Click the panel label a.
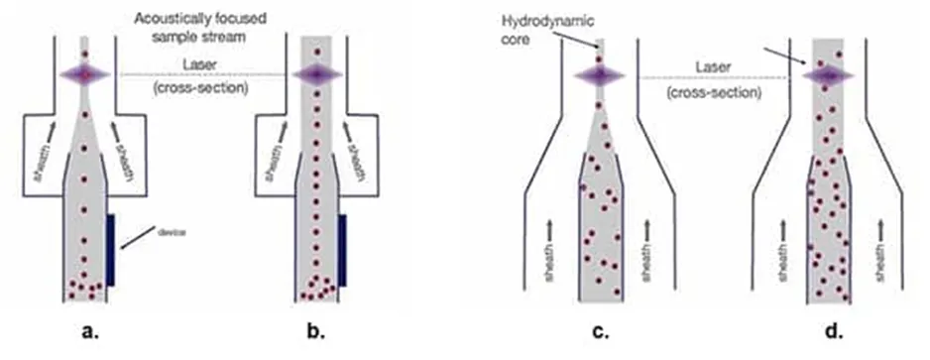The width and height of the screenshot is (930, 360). (x=90, y=331)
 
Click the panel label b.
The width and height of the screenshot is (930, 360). (x=316, y=331)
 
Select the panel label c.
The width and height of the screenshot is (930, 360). (x=601, y=331)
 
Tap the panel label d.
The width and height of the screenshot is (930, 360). (x=835, y=331)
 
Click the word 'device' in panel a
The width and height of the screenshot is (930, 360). (x=173, y=232)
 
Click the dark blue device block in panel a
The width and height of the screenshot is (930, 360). (x=110, y=251)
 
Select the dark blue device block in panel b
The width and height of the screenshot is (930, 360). (x=342, y=251)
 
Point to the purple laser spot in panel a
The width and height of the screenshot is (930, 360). (x=85, y=74)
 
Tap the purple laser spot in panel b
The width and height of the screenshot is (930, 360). (x=316, y=74)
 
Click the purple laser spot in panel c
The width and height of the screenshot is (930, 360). (x=599, y=76)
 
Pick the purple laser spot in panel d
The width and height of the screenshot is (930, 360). (x=828, y=76)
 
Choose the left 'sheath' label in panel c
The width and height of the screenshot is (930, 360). (x=549, y=264)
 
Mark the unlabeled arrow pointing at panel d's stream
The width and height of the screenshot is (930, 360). (x=784, y=56)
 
